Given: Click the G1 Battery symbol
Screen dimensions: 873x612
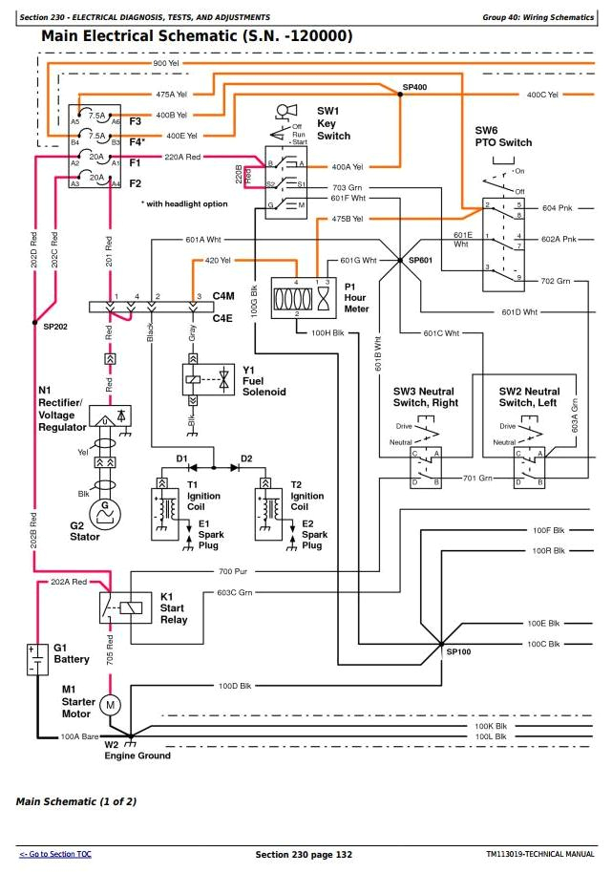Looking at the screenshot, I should coord(36,659).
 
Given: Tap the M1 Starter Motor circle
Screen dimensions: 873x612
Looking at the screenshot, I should coord(110,704).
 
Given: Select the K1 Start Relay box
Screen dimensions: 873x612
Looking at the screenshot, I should coord(123,606).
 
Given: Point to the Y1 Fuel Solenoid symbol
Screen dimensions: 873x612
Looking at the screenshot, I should coord(208,378).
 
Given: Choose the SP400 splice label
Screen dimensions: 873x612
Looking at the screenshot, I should coord(414,87).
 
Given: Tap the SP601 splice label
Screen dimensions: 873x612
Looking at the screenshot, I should coord(420,260).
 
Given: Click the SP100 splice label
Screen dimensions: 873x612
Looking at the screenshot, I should coord(459,650).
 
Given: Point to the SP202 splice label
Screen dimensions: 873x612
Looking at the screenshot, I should coord(56,326).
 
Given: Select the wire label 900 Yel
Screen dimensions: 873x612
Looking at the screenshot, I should coord(166,63).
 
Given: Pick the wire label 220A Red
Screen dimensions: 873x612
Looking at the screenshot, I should coord(182,157).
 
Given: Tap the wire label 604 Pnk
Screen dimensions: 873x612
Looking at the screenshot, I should coord(556,207).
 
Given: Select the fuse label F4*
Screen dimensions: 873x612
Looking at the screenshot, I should coord(137,141).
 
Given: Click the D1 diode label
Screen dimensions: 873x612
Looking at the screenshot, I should coord(181,458).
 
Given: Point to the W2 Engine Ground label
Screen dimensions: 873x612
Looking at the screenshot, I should coord(137,750).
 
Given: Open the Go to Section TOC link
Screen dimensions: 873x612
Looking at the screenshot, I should coord(55,853).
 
